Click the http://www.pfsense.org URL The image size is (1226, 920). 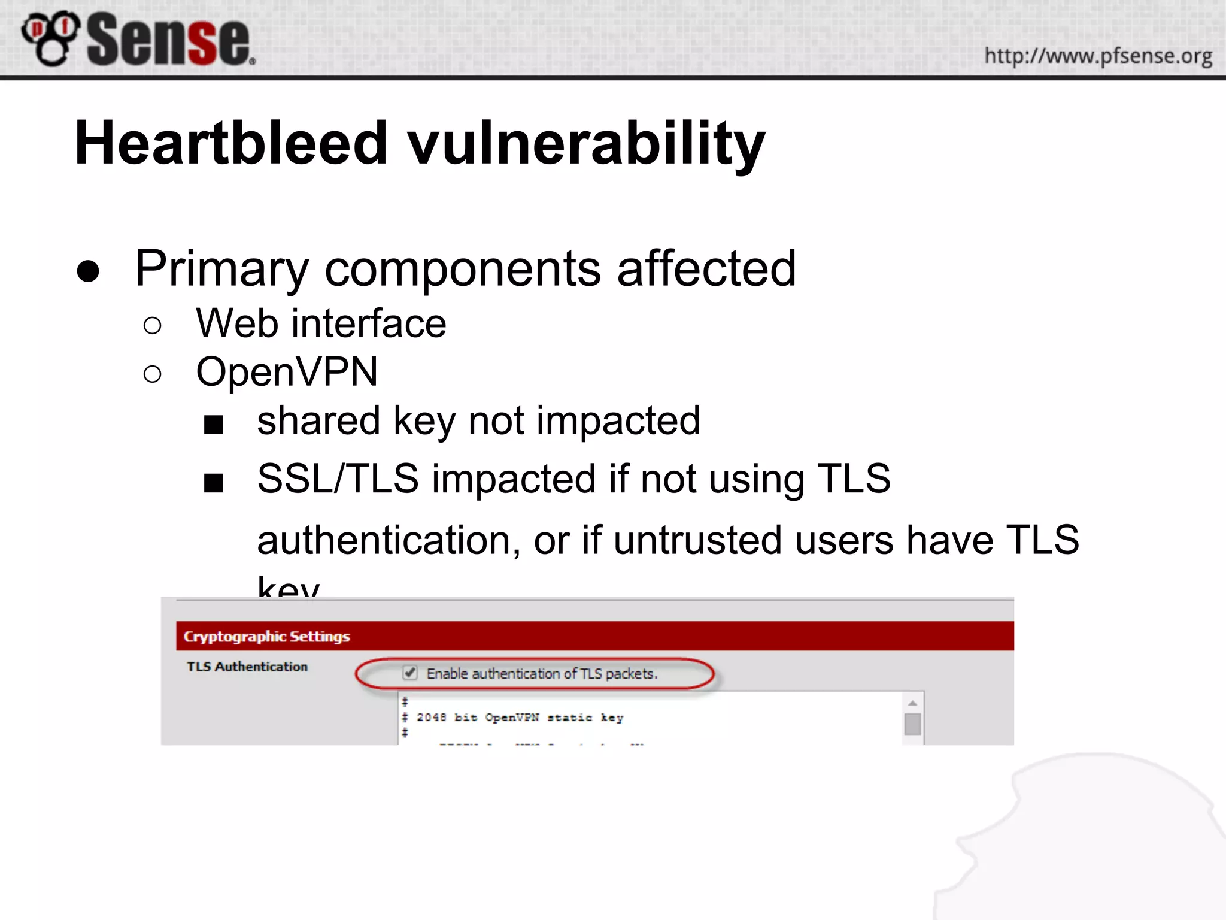point(1098,56)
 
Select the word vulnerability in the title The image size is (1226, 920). point(586,144)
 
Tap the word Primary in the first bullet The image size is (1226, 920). point(221,269)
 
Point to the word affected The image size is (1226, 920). point(706,268)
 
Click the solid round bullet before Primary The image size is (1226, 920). point(88,271)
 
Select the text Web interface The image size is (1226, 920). point(321,323)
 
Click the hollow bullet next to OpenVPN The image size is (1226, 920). point(153,374)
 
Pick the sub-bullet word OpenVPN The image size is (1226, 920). point(287,372)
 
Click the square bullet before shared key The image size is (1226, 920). point(214,425)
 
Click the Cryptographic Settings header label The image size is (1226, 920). point(266,636)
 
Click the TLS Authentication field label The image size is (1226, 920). point(247,667)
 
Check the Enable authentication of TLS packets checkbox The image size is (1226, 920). point(410,673)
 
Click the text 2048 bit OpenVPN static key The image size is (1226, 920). point(520,718)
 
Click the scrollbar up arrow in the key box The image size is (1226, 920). point(912,703)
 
